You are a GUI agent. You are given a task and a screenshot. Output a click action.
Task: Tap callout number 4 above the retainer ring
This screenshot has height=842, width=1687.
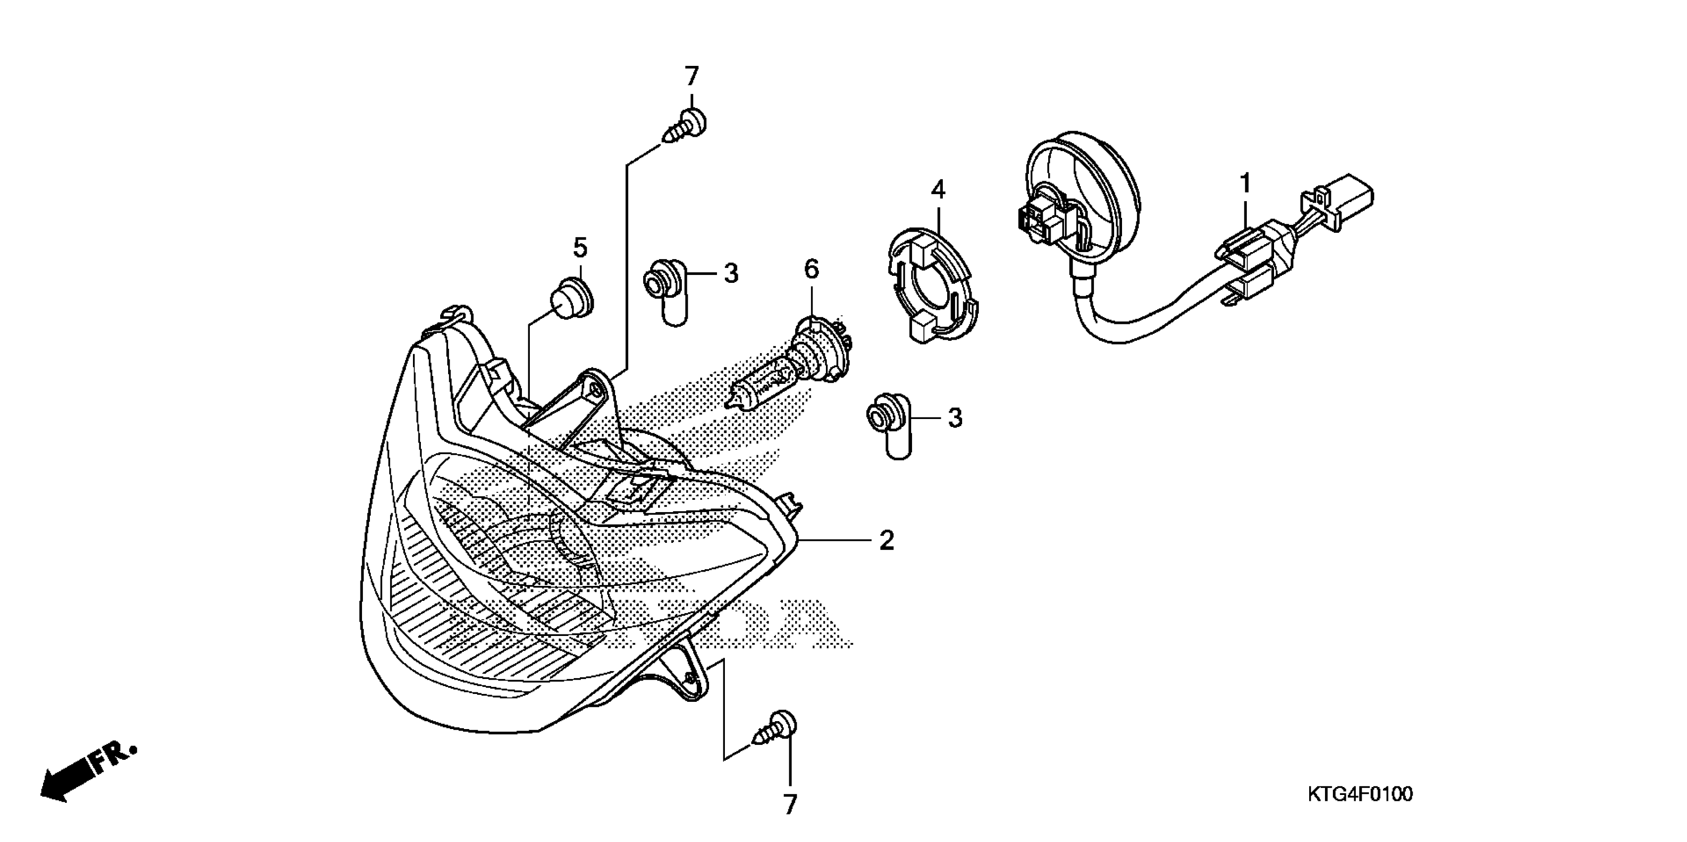pyautogui.click(x=938, y=191)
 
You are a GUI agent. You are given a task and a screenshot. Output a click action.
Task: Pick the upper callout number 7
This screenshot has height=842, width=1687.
pyautogui.click(x=692, y=77)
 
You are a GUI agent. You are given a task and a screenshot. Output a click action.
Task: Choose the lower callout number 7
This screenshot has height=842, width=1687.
pyautogui.click(x=790, y=805)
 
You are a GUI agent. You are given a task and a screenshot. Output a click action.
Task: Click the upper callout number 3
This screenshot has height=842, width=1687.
pyautogui.click(x=731, y=273)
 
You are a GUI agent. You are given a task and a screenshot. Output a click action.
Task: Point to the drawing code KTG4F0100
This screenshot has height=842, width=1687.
pyautogui.click(x=1360, y=794)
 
